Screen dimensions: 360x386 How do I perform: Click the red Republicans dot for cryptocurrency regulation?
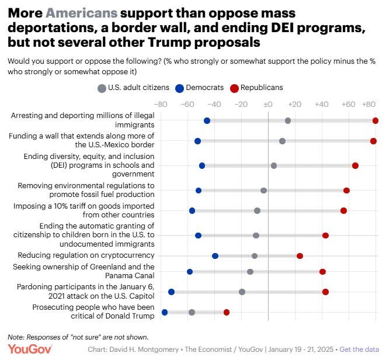coord(300,256)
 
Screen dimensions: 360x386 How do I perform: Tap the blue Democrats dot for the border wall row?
coord(197,141)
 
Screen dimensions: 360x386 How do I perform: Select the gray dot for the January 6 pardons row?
coord(242,292)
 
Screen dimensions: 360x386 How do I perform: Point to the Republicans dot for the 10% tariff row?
coord(343,210)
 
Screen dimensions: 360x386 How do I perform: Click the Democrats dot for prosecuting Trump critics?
coord(165,312)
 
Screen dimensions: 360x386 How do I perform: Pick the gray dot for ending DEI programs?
coord(274,165)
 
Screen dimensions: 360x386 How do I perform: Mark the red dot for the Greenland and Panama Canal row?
coord(322,272)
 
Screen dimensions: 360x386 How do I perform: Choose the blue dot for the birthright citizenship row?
coord(198,236)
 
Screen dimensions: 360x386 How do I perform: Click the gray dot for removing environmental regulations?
coord(263,191)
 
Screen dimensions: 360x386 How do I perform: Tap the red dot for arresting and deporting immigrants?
coord(375,120)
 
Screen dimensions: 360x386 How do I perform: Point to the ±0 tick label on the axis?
coord(268,105)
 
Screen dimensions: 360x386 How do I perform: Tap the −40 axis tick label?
coord(214,105)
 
